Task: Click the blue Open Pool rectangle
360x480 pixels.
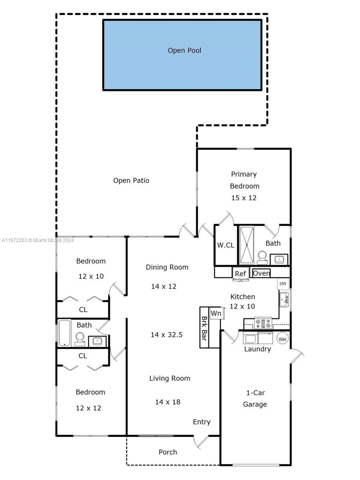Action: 182,55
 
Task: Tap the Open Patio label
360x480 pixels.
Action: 131,180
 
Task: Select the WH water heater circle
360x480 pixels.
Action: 282,339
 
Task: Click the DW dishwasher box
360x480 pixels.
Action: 283,284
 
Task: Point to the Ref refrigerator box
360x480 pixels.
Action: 240,273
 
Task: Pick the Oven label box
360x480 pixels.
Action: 261,273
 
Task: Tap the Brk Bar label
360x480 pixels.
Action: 204,328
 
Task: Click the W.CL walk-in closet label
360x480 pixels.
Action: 226,245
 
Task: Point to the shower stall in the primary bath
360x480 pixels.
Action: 246,245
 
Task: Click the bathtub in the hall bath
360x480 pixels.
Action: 64,333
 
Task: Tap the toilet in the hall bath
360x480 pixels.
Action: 80,339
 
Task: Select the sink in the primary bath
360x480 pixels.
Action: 279,260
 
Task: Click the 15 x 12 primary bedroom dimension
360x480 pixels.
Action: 244,198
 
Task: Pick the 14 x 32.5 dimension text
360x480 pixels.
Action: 166,334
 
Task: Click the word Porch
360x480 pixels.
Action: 168,452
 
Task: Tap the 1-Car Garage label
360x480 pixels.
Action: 255,398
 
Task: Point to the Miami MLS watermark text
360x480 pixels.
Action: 38,240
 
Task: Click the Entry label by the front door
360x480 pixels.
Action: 202,422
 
